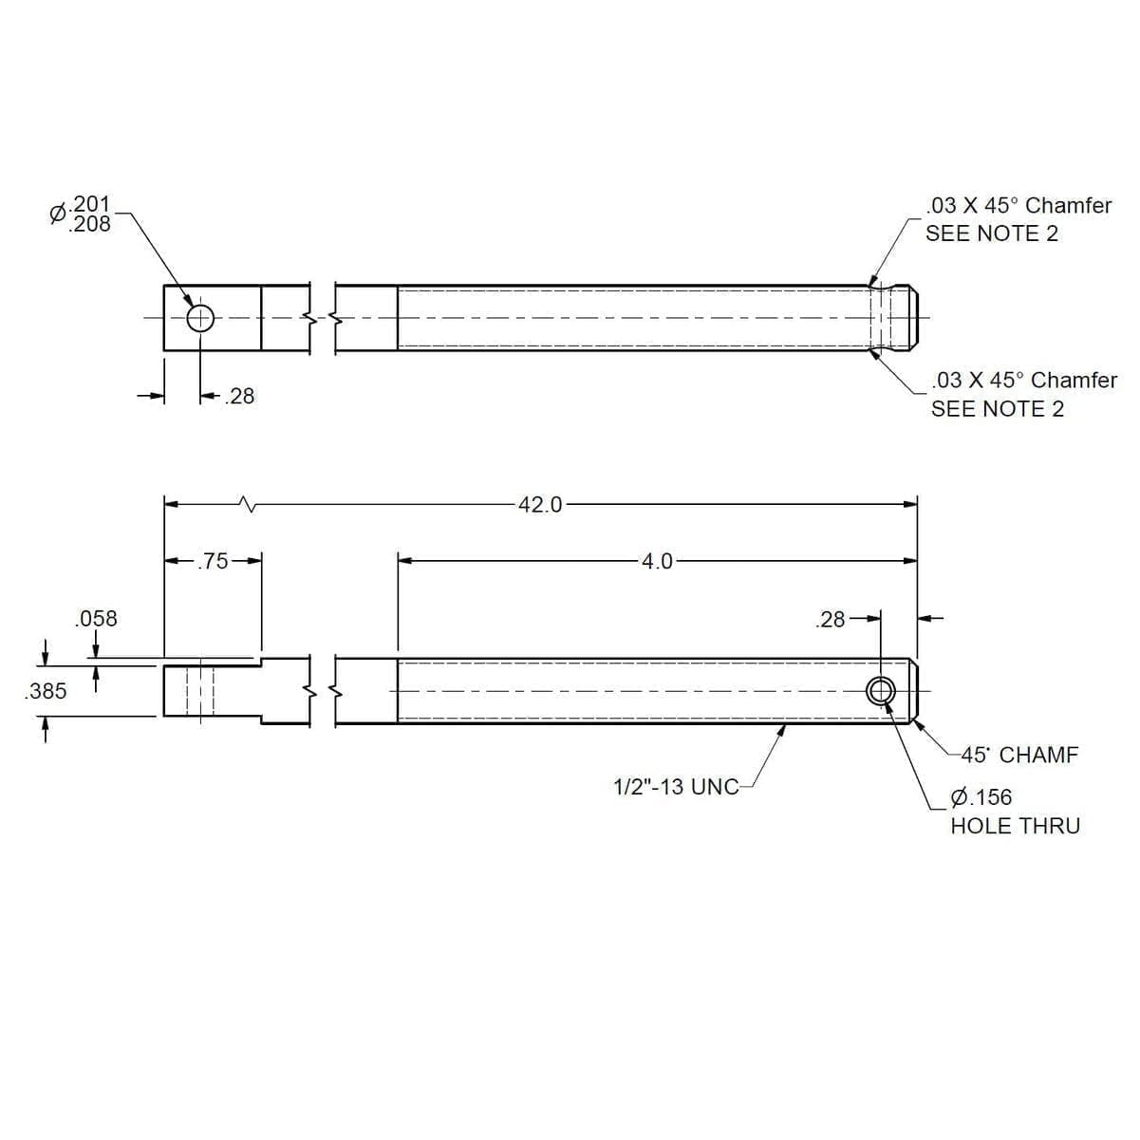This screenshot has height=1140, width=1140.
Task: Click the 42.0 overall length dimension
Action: coord(539,505)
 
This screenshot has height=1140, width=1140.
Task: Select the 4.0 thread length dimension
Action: coord(657,561)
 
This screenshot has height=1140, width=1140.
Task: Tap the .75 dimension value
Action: coord(213,561)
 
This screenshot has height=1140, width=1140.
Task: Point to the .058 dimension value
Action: coord(96,619)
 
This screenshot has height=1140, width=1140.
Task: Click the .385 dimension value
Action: coord(46,691)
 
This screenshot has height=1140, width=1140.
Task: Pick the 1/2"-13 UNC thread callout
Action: coord(676,787)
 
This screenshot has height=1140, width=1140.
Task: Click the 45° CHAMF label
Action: coord(1019,755)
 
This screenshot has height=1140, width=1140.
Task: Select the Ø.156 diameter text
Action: coord(981,797)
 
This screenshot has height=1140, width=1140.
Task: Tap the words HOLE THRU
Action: coord(1015,826)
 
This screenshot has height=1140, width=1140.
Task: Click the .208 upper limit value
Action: coord(89,224)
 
